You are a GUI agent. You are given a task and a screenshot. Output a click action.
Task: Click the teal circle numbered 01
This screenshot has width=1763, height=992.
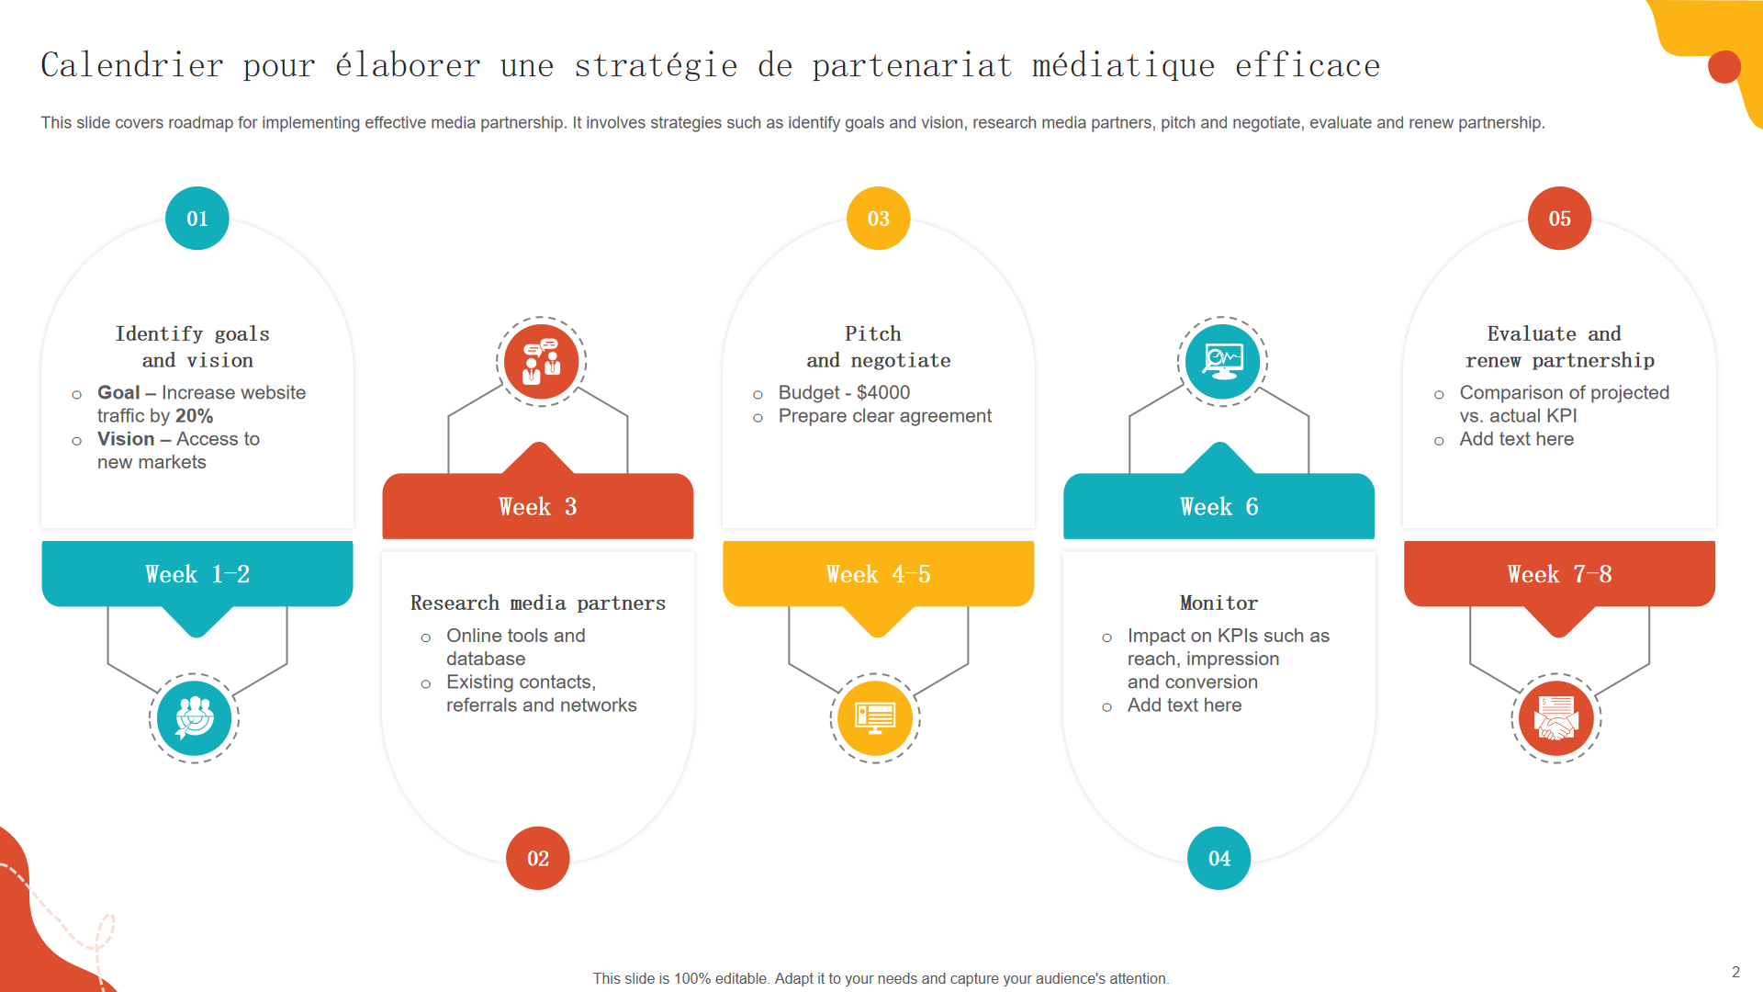pyautogui.click(x=197, y=219)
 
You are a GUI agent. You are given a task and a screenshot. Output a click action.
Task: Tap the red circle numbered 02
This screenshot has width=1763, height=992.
pyautogui.click(x=538, y=859)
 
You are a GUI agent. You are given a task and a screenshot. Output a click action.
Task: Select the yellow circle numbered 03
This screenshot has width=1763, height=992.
pyautogui.click(x=879, y=219)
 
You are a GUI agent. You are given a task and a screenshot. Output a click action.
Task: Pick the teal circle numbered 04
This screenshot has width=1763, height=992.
pyautogui.click(x=1219, y=859)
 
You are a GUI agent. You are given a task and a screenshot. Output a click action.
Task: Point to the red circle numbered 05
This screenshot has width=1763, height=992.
pyautogui.click(x=1560, y=219)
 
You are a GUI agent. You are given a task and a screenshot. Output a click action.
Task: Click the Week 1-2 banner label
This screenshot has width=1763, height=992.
pyautogui.click(x=197, y=574)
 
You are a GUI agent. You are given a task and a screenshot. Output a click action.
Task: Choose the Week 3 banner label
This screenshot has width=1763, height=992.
pyautogui.click(x=538, y=507)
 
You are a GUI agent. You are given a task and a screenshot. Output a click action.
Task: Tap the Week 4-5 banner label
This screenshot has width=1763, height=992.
pyautogui.click(x=879, y=574)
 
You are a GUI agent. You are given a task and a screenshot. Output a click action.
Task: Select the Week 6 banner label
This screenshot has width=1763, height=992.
pyautogui.click(x=1219, y=507)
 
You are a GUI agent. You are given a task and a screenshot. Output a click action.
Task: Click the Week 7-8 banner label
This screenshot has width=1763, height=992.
pyautogui.click(x=1560, y=574)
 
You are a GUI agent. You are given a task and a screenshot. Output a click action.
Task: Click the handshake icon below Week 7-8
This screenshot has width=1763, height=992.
pyautogui.click(x=1556, y=718)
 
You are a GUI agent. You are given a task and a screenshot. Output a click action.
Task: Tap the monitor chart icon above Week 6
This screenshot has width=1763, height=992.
pyautogui.click(x=1223, y=362)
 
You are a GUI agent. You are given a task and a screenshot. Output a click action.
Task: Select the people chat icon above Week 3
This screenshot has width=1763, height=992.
pyautogui.click(x=542, y=362)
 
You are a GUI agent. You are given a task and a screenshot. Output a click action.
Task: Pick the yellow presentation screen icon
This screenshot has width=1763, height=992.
pyautogui.click(x=875, y=718)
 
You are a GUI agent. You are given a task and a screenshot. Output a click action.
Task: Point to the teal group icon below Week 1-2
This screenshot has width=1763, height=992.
pyautogui.click(x=195, y=718)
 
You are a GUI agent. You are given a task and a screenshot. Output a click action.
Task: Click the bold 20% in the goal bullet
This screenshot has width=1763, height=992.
pyautogui.click(x=195, y=416)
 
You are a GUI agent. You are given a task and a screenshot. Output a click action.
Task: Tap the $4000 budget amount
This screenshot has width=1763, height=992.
pyautogui.click(x=883, y=393)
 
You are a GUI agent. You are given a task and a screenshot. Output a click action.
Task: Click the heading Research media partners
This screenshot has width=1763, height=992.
pyautogui.click(x=538, y=603)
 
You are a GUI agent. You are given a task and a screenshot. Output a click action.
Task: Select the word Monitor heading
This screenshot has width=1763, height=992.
pyautogui.click(x=1219, y=603)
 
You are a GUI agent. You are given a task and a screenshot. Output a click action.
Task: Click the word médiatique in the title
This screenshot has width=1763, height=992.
pyautogui.click(x=1124, y=66)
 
